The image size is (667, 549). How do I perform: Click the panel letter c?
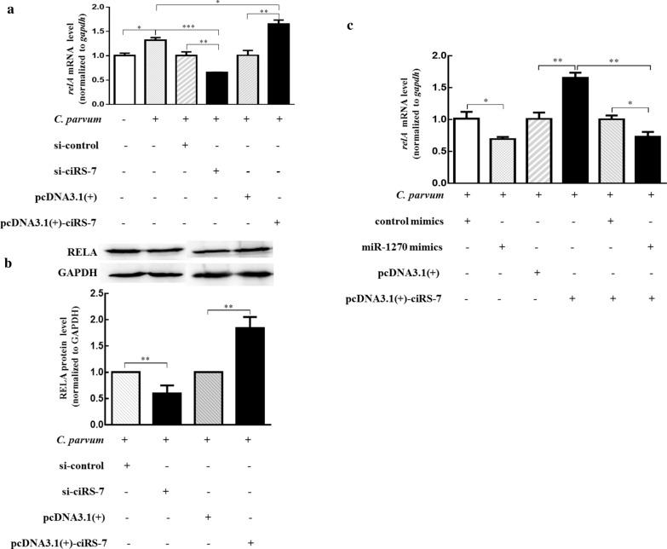pos(351,26)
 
